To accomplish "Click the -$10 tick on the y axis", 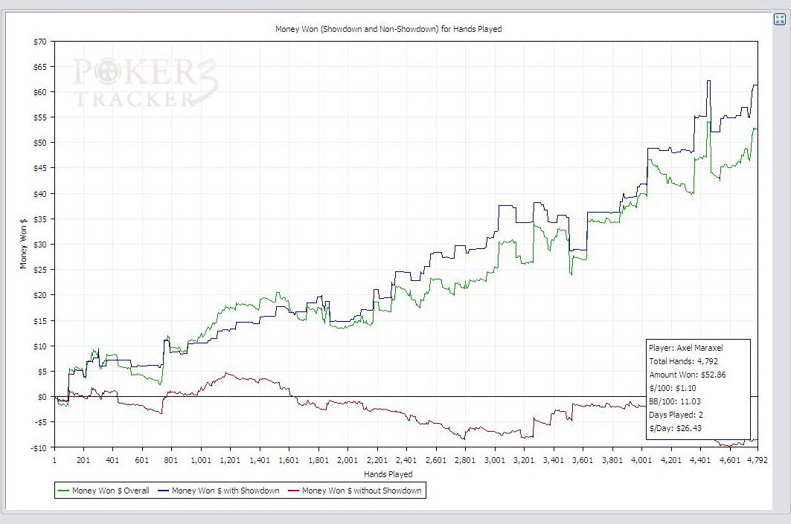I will click(x=38, y=447).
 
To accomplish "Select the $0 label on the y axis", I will click(x=42, y=397).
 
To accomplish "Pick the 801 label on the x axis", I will click(x=171, y=461).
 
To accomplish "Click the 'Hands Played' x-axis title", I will click(x=388, y=474).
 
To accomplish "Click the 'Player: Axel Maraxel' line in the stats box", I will click(x=685, y=347).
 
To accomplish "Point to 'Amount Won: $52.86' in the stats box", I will click(x=687, y=375).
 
